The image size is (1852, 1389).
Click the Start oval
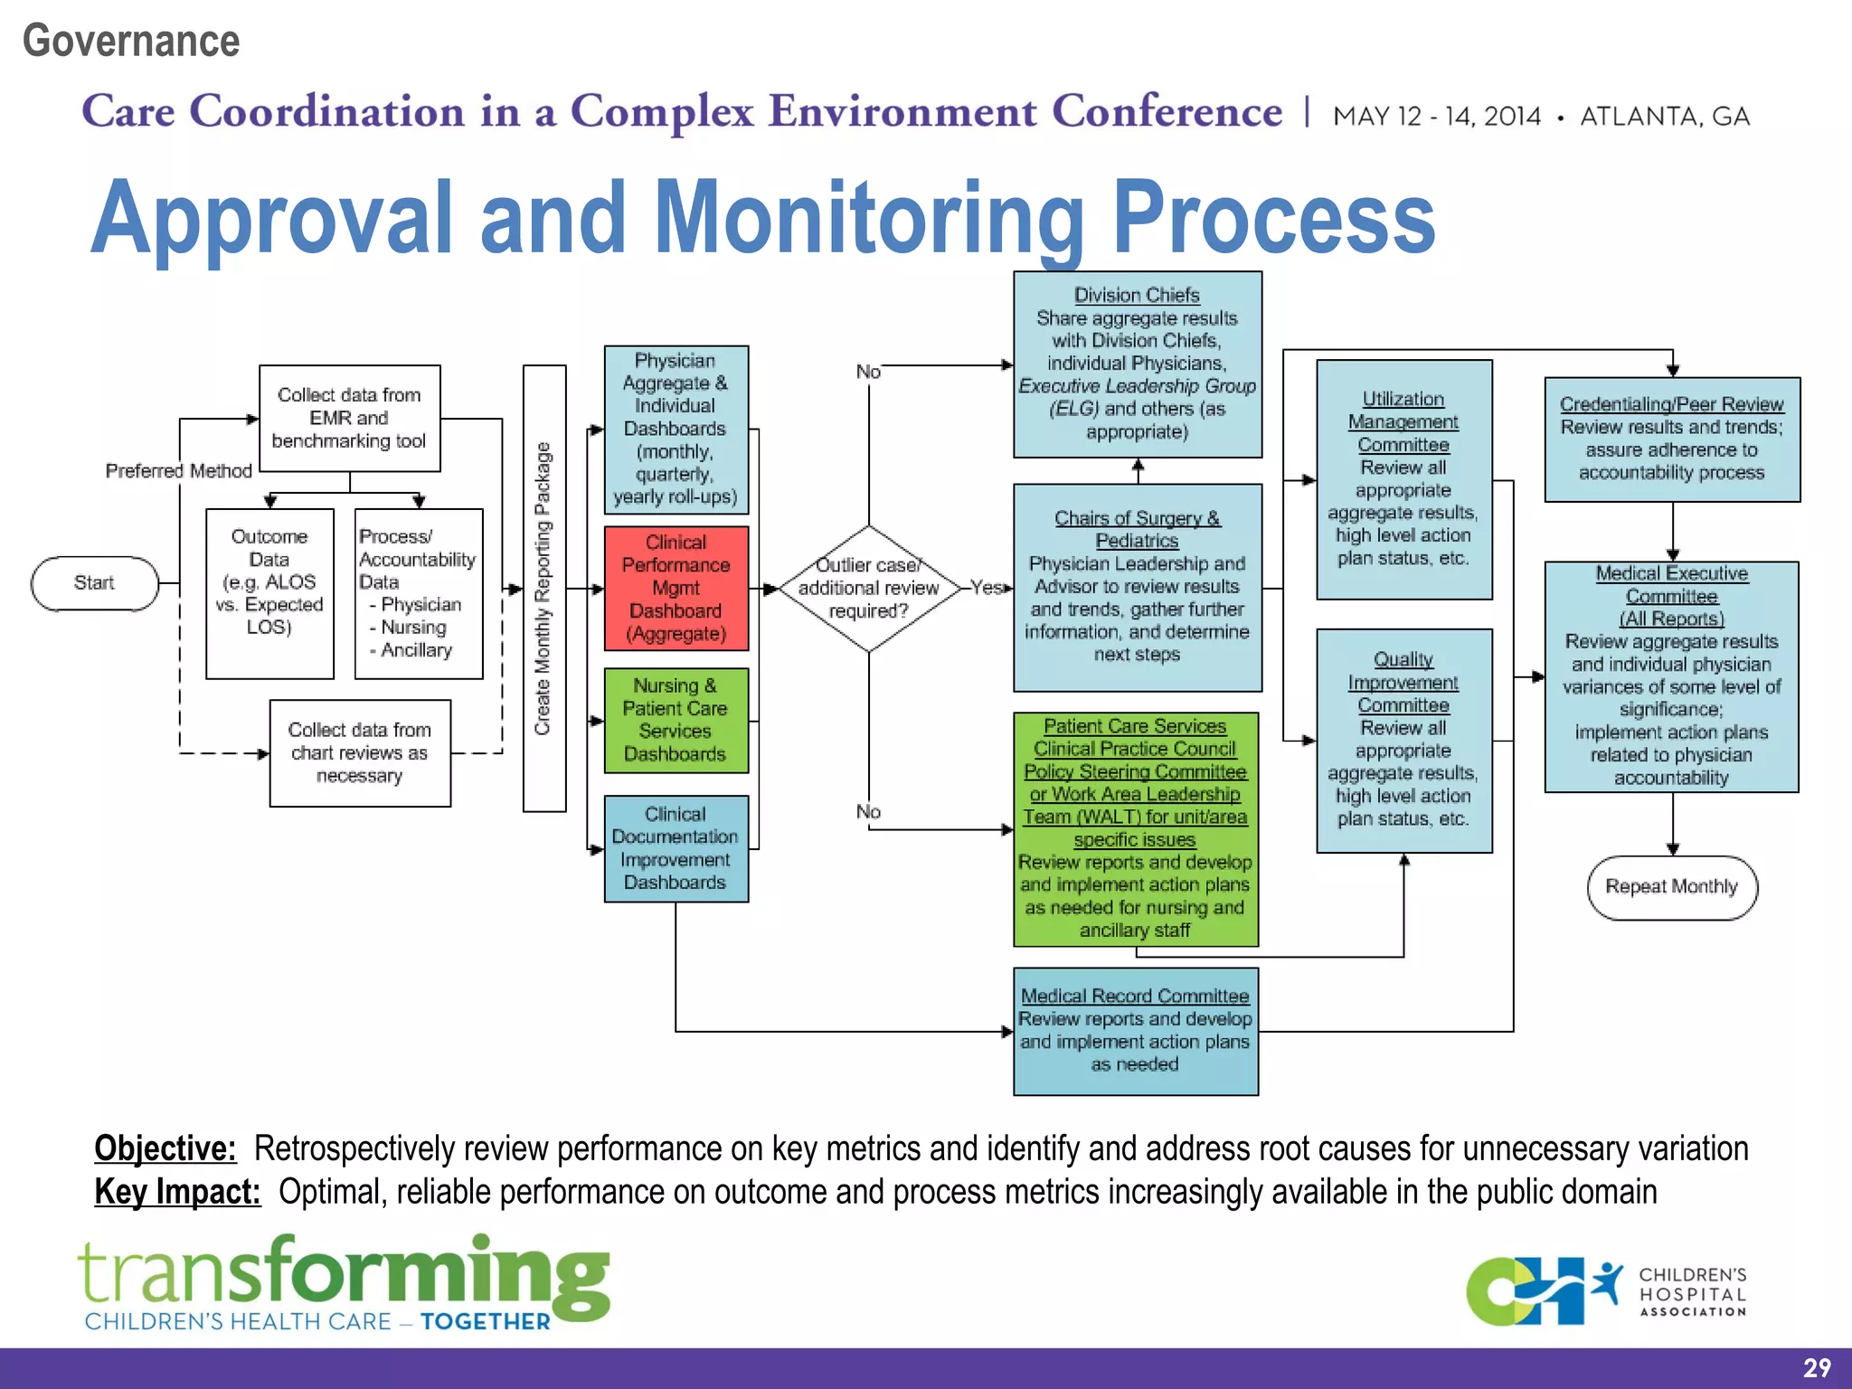pyautogui.click(x=94, y=583)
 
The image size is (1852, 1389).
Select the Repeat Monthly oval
pyautogui.click(x=1671, y=887)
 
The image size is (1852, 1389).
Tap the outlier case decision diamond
pyautogui.click(x=868, y=589)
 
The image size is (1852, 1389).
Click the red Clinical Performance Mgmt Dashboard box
pyautogui.click(x=676, y=588)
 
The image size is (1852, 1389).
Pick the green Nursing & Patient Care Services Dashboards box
pyautogui.click(x=676, y=720)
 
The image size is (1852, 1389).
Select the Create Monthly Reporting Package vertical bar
pyautogui.click(x=543, y=589)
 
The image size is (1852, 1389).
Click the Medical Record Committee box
pyautogui.click(x=1135, y=1031)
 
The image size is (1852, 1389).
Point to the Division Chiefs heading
pyautogui.click(x=1137, y=295)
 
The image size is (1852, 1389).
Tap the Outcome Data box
pyautogui.click(x=269, y=593)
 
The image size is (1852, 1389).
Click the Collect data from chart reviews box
pyautogui.click(x=359, y=752)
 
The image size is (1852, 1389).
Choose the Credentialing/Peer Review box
pyautogui.click(x=1671, y=439)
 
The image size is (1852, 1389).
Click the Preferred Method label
pyautogui.click(x=178, y=471)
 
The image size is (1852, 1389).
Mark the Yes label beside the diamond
pyautogui.click(x=987, y=588)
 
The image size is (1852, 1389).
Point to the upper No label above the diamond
pyautogui.click(x=867, y=372)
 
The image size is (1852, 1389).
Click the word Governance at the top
pyautogui.click(x=131, y=41)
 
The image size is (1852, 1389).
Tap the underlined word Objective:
pyautogui.click(x=165, y=1148)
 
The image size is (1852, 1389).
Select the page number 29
pyautogui.click(x=1816, y=1367)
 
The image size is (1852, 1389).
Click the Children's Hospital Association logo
pyautogui.click(x=1606, y=1292)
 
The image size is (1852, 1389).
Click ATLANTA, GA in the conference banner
pyautogui.click(x=1664, y=117)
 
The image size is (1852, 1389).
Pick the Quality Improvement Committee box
pyautogui.click(x=1403, y=740)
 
